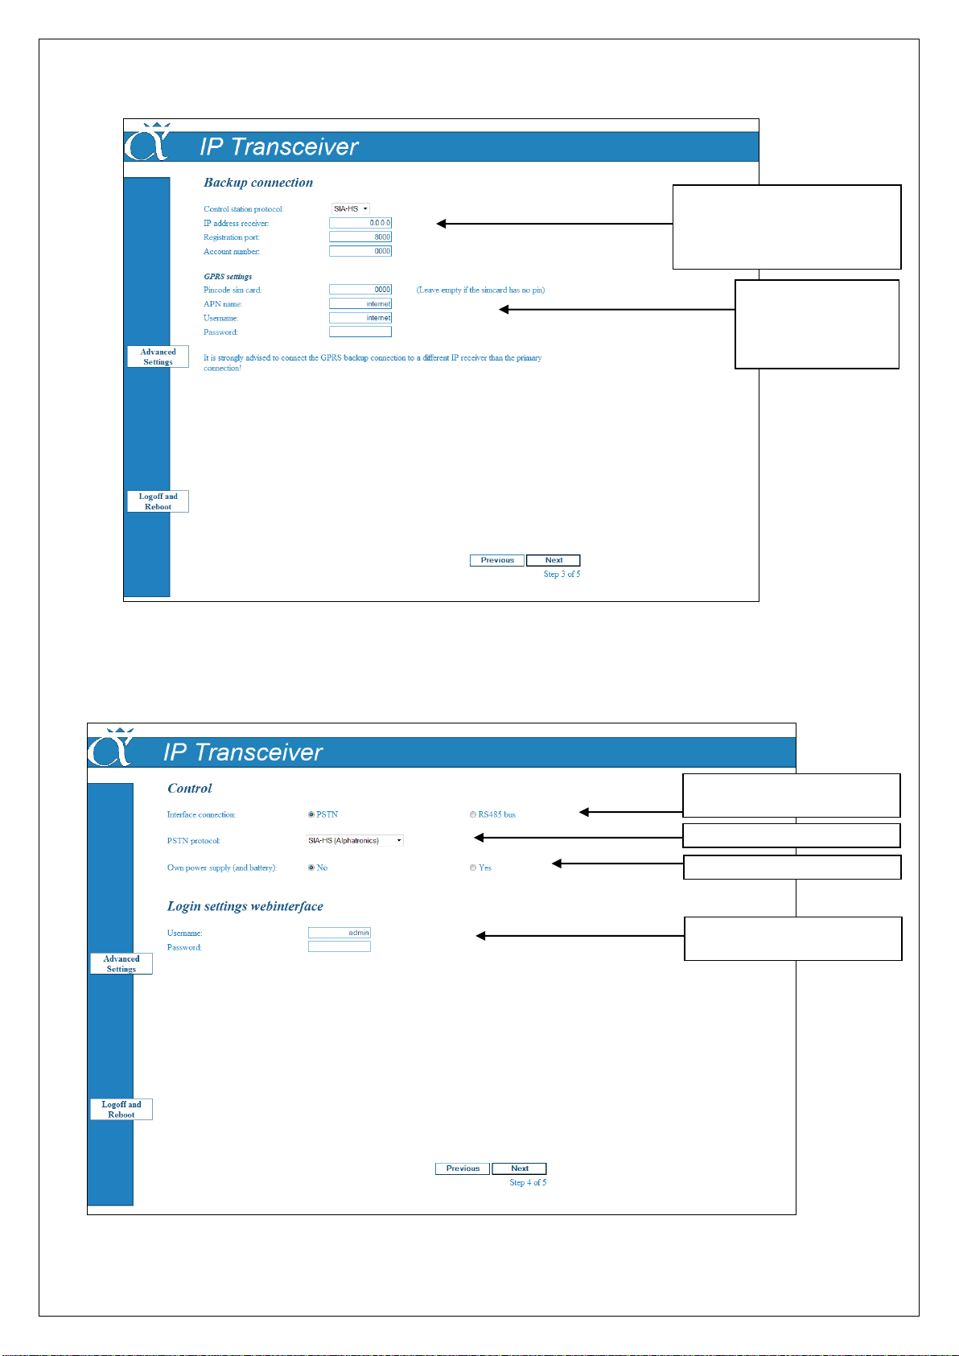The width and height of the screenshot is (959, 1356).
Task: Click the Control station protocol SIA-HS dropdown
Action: pos(350,209)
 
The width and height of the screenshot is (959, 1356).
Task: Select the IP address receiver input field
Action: pos(360,223)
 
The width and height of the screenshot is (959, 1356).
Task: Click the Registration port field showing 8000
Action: pos(360,237)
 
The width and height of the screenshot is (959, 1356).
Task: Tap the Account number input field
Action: pos(360,250)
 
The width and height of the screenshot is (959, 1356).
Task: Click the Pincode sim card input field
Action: pos(360,290)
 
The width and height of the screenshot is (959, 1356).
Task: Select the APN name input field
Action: pos(360,303)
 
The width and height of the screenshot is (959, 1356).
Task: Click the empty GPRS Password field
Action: pos(360,331)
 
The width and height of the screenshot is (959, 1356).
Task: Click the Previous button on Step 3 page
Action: pos(496,560)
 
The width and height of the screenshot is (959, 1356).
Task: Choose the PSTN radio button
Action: pos(311,814)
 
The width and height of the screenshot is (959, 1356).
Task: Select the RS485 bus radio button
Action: pos(472,814)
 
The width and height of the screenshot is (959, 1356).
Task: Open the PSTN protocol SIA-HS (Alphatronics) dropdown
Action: pos(355,840)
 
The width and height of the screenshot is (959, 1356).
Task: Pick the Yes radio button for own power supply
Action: pos(472,868)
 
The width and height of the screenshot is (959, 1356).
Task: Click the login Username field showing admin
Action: pos(339,932)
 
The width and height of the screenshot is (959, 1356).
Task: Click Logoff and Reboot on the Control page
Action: pos(121,1109)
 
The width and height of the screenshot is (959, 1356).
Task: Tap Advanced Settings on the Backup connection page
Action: pos(158,357)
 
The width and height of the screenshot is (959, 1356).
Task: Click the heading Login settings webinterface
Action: pos(245,906)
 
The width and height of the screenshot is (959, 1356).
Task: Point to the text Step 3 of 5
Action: pos(562,574)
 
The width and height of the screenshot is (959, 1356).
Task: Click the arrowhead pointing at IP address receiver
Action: pos(441,224)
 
